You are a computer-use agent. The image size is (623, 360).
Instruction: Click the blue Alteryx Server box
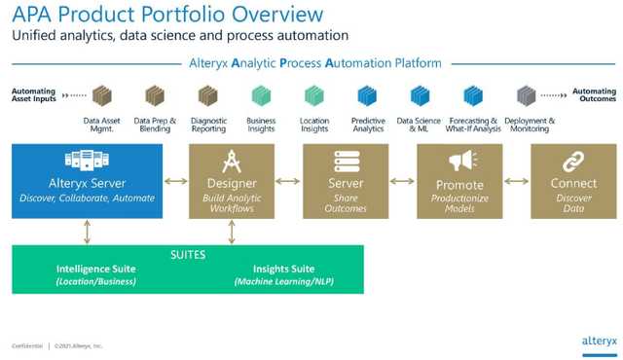[x=87, y=181]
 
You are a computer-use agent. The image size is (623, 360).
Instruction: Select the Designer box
[x=232, y=181]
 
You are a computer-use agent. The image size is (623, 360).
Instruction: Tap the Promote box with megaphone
[x=458, y=181]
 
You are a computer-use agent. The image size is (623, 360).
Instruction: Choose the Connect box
[x=573, y=181]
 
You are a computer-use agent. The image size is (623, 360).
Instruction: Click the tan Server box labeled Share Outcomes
[x=346, y=181]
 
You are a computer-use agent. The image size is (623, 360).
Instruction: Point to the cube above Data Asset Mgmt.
[x=102, y=95]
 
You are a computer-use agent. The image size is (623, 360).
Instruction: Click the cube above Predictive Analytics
[x=368, y=95]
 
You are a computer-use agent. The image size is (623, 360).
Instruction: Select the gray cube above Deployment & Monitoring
[x=527, y=95]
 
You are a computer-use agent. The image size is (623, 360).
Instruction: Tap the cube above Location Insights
[x=314, y=95]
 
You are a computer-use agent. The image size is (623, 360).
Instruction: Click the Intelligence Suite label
[x=96, y=269]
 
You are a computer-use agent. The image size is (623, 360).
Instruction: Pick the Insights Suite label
[x=283, y=269]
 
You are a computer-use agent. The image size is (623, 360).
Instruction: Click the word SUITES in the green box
[x=187, y=252]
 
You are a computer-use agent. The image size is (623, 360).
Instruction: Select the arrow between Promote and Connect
[x=515, y=181]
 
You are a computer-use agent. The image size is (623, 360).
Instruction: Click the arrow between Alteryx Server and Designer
[x=175, y=181]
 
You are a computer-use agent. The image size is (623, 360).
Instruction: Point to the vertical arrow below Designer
[x=232, y=231]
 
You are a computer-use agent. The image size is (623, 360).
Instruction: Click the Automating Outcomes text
[x=594, y=95]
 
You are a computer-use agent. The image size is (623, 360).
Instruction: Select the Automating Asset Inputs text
[x=34, y=95]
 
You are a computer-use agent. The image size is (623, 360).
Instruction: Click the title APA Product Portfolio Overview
[x=167, y=15]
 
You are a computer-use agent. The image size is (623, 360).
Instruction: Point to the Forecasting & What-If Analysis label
[x=472, y=125]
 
